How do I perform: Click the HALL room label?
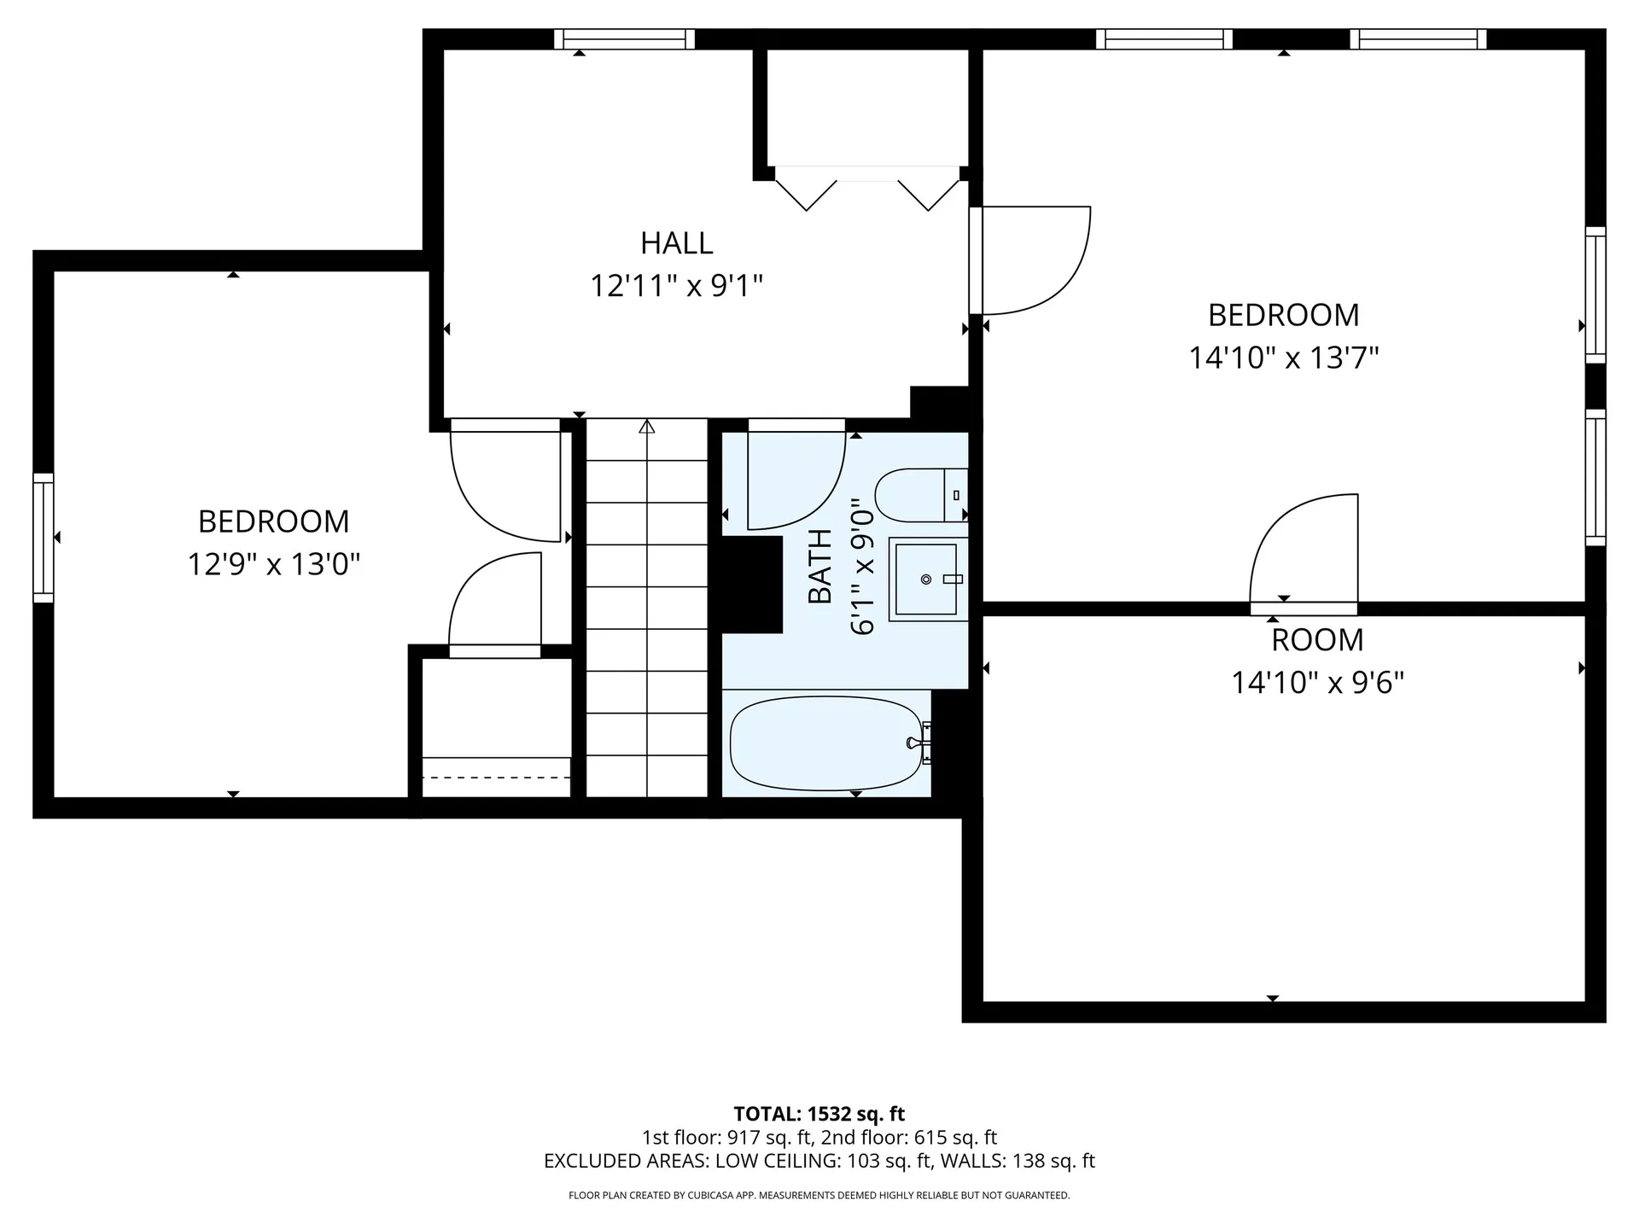pyautogui.click(x=676, y=243)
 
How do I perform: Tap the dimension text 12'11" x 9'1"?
pyautogui.click(x=676, y=285)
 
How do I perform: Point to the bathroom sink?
pyautogui.click(x=926, y=580)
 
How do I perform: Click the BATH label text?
pyautogui.click(x=819, y=566)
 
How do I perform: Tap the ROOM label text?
pyautogui.click(x=1317, y=640)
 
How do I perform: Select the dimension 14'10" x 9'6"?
pyautogui.click(x=1317, y=683)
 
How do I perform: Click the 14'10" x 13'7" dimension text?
pyautogui.click(x=1284, y=358)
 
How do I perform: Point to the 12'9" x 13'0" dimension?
pyautogui.click(x=273, y=564)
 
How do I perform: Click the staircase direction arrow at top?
pyautogui.click(x=647, y=426)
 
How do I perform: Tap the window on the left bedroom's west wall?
pyautogui.click(x=43, y=538)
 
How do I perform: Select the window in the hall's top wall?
pyautogui.click(x=624, y=39)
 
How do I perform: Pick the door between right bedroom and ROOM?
pyautogui.click(x=1304, y=555)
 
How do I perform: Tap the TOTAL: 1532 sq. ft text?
pyautogui.click(x=819, y=1114)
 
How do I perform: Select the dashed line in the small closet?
pyautogui.click(x=496, y=778)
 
